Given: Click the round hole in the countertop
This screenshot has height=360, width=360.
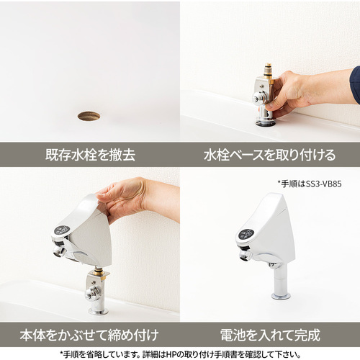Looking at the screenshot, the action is click(x=89, y=116).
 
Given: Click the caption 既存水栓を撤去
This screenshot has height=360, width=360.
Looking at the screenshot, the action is click(x=90, y=155).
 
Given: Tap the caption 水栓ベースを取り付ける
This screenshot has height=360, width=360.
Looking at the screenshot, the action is click(x=269, y=155).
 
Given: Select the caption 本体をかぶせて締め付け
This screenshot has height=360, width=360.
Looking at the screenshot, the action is click(x=89, y=335).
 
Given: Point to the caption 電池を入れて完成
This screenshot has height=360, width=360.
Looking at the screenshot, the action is click(x=270, y=335).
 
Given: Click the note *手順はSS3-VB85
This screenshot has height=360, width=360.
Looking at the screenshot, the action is click(x=310, y=184).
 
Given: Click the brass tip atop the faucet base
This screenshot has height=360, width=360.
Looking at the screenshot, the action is click(x=269, y=70).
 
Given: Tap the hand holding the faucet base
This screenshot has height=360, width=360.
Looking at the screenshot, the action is click(x=289, y=94).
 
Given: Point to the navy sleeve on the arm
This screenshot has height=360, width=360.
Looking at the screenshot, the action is click(x=355, y=85).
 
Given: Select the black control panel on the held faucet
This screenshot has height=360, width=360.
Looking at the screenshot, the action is click(x=62, y=230).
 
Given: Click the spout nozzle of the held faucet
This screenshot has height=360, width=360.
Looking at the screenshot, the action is click(x=59, y=251).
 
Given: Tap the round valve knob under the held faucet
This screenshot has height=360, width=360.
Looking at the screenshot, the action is click(x=91, y=293).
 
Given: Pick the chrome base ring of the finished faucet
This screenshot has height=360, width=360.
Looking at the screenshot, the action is click(x=281, y=296).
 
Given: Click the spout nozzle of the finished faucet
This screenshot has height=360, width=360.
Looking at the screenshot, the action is click(x=245, y=255).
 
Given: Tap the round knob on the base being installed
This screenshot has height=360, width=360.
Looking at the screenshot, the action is click(x=258, y=98).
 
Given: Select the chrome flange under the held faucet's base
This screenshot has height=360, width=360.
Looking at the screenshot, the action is click(x=98, y=312).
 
